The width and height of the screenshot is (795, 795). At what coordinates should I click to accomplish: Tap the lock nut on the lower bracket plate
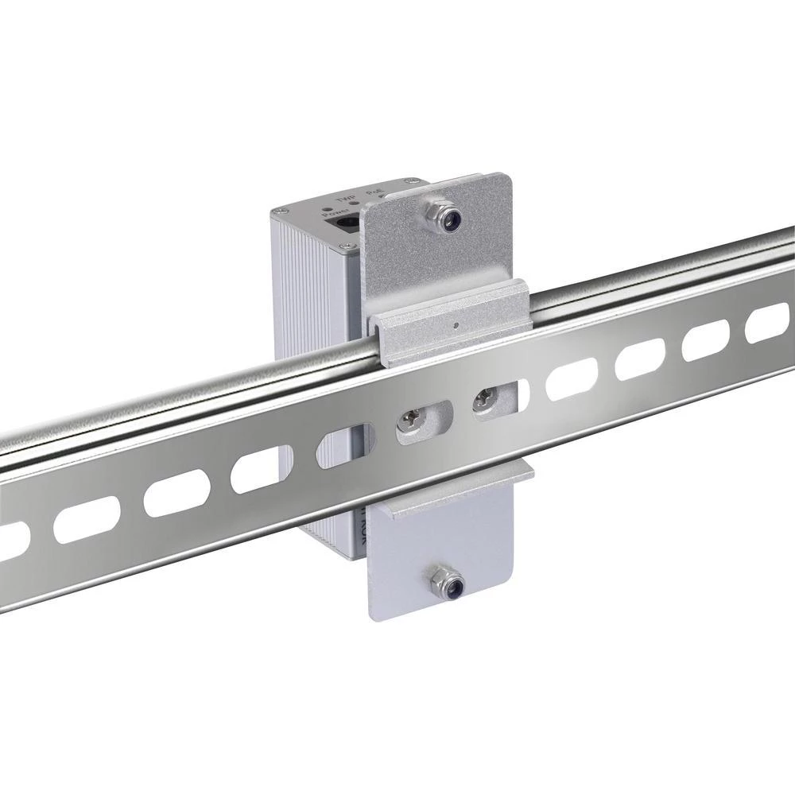coord(442,584)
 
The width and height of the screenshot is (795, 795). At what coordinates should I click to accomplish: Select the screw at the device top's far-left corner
coord(280,211)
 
